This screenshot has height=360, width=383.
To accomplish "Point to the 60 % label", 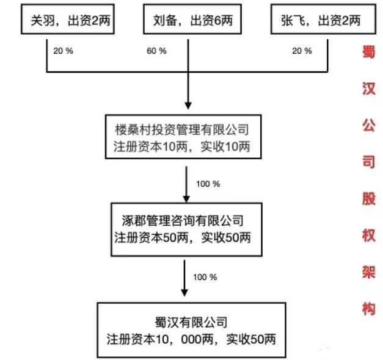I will [x=156, y=51].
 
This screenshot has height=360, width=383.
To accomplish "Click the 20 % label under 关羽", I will [x=64, y=51].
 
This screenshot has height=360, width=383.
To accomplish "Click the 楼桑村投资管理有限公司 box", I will [x=182, y=139].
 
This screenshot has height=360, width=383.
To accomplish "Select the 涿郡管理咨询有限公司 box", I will [x=182, y=228].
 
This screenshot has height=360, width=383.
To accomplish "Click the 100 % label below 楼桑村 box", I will [x=208, y=182].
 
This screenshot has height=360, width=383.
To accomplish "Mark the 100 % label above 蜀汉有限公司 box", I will [x=205, y=276].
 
